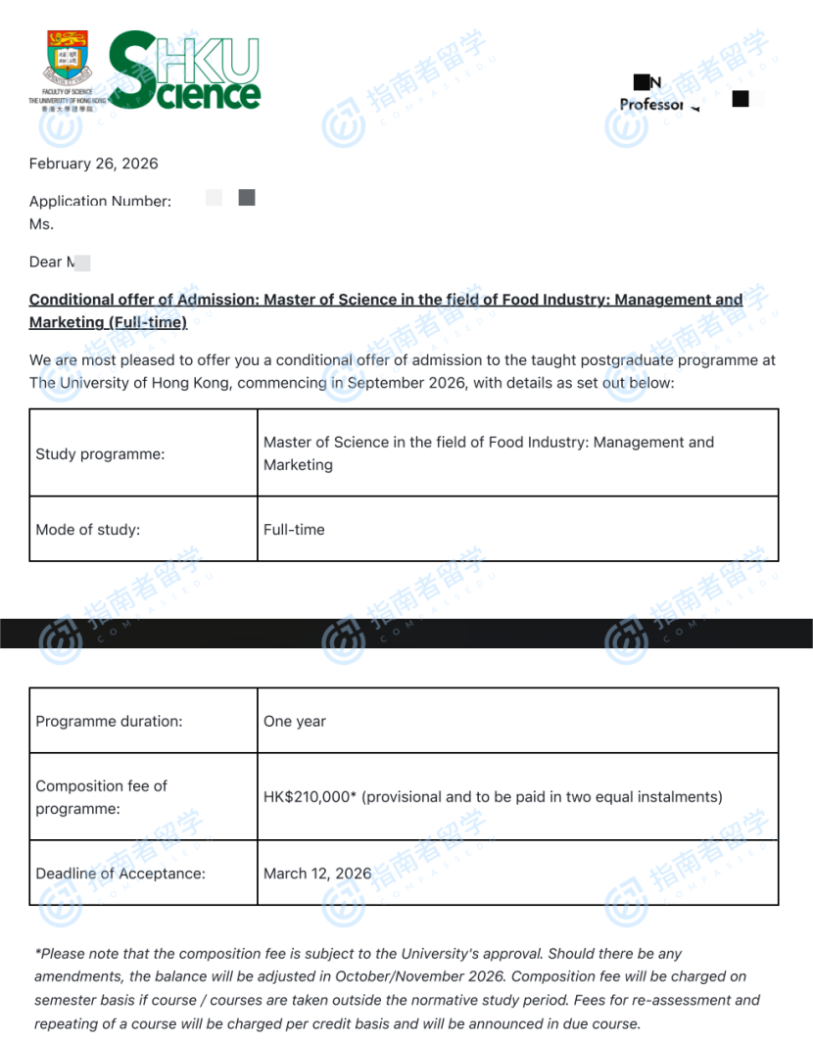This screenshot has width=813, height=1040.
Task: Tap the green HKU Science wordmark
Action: [185, 71]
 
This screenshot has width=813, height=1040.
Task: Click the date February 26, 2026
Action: [93, 164]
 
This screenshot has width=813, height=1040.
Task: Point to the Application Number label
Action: [100, 201]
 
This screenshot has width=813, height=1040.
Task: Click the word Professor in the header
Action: [650, 104]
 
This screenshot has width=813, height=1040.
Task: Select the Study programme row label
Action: [100, 453]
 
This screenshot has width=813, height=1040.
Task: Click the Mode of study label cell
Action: [88, 530]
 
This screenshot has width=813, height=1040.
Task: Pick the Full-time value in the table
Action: [294, 530]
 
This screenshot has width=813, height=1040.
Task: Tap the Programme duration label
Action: [109, 722]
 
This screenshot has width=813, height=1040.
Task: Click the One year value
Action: [295, 722]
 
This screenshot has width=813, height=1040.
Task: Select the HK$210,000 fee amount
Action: [307, 797]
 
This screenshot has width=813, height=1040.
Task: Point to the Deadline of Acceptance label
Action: [120, 874]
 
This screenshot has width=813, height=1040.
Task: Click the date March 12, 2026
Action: [317, 874]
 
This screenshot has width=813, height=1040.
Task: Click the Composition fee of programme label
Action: [101, 797]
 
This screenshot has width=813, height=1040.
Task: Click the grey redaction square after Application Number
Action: [247, 198]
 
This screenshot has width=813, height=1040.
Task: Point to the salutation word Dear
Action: [45, 261]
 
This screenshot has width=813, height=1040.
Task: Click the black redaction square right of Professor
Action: [741, 98]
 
